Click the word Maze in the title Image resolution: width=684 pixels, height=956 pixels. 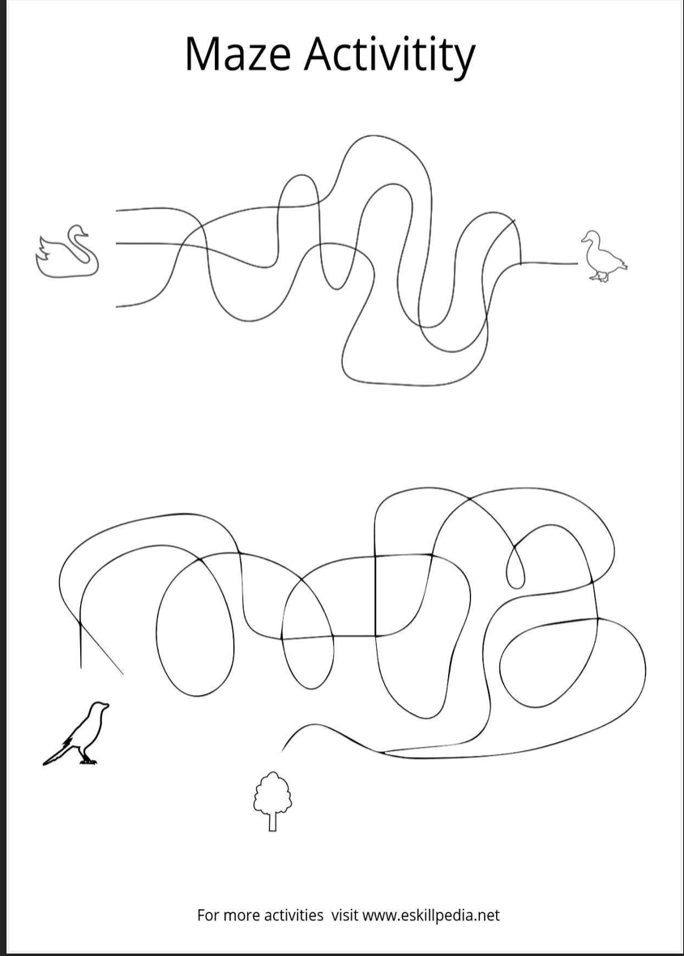(x=237, y=53)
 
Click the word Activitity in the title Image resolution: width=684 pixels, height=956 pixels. (x=390, y=57)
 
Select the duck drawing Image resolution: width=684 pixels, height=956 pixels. (x=604, y=256)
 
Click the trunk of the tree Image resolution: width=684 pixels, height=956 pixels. (x=272, y=821)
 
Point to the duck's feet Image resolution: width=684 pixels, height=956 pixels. (x=599, y=277)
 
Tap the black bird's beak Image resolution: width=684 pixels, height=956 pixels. (x=107, y=706)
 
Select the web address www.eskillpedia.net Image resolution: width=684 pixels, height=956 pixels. (x=431, y=915)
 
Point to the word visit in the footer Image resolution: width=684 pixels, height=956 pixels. (x=345, y=915)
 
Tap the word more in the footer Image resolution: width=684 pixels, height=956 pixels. (x=238, y=916)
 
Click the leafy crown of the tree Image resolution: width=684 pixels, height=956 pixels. (x=272, y=792)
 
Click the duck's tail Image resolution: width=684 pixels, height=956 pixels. (x=622, y=263)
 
